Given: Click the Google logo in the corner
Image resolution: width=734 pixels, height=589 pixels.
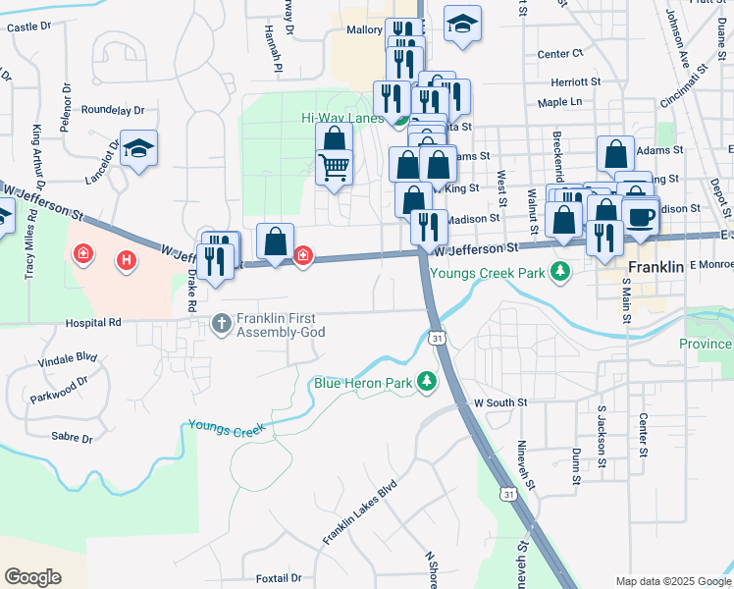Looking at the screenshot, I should [x=33, y=577].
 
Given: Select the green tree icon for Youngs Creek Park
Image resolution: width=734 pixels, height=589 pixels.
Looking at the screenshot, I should [x=560, y=270].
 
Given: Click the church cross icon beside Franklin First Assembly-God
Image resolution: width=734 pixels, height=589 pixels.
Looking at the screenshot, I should [x=223, y=322].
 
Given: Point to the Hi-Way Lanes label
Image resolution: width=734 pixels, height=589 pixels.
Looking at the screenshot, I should [x=341, y=118].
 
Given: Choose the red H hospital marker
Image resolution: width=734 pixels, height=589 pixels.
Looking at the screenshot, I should [x=125, y=260].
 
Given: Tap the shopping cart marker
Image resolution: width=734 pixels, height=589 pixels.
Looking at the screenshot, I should [x=334, y=168].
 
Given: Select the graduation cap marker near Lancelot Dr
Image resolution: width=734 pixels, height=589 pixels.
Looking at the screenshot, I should [x=139, y=149].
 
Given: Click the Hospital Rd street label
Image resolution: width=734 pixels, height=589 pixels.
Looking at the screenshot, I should [x=93, y=322].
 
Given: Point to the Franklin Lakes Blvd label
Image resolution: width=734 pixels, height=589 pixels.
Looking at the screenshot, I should [x=360, y=513].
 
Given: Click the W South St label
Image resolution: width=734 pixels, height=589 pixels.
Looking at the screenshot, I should [x=500, y=402].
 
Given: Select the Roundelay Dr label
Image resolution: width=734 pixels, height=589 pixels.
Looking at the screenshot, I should [x=113, y=110].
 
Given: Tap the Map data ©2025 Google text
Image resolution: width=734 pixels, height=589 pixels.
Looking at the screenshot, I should [x=672, y=581].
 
